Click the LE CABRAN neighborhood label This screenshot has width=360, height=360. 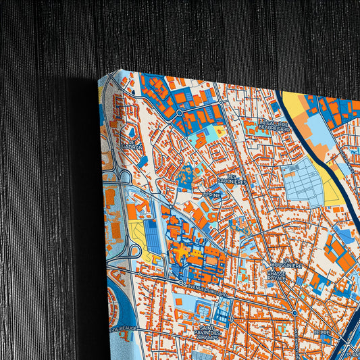point(132,145)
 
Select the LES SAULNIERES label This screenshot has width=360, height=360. point(232,180)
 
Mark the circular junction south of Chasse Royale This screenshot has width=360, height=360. point(295,312)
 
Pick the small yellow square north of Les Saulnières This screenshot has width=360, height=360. point(220,130)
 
